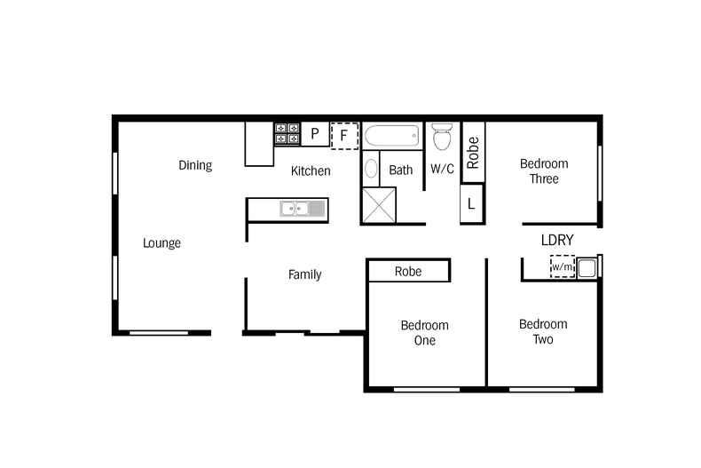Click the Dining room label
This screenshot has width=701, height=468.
[195, 164]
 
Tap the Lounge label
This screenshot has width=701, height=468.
[161, 242]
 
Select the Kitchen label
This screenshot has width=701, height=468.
[311, 171]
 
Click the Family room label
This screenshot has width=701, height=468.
[304, 274]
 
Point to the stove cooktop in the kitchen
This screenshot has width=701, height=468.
[287, 133]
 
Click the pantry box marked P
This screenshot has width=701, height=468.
[315, 135]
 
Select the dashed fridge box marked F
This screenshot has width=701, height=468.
[344, 136]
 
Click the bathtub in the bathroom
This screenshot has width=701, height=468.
[391, 137]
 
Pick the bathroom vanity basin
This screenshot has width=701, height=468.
[372, 170]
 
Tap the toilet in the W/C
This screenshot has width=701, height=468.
[442, 137]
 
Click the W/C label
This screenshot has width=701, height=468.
[442, 169]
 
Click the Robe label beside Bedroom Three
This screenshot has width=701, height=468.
[473, 152]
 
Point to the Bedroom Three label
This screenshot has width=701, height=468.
[544, 171]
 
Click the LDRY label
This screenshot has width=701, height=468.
[557, 240]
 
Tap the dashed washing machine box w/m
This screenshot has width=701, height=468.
[562, 266]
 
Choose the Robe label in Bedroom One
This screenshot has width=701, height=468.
[408, 271]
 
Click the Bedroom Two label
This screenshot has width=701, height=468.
[543, 331]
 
